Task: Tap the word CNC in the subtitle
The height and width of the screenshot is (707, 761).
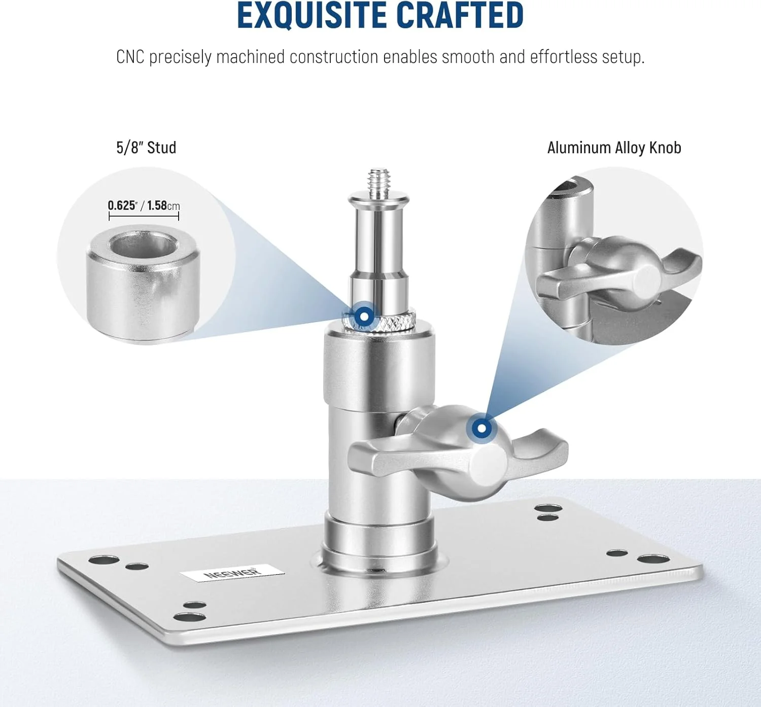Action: tap(130, 57)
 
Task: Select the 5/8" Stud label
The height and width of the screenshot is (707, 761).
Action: tap(146, 148)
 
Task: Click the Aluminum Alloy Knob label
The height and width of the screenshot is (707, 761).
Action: tap(614, 148)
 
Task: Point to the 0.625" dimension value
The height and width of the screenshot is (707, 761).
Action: tap(123, 206)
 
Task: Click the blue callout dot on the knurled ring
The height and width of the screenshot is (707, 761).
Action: tap(364, 316)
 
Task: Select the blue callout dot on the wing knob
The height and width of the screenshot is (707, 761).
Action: tap(481, 428)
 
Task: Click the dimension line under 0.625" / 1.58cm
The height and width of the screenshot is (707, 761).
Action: tap(144, 216)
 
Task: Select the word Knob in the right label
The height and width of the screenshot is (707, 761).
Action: tap(665, 148)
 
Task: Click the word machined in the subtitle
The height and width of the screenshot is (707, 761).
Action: tap(250, 57)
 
